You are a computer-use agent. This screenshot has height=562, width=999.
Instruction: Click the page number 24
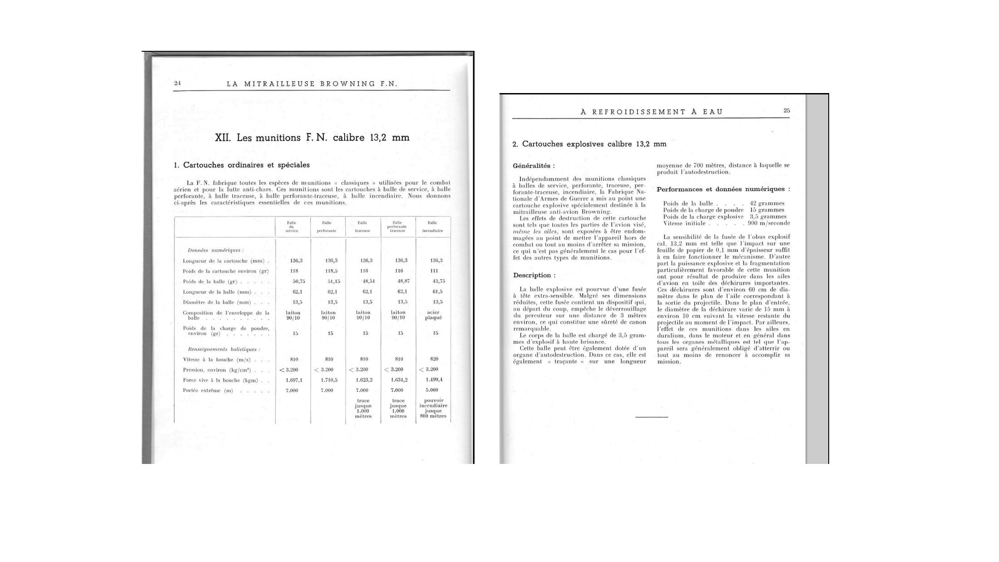tap(178, 83)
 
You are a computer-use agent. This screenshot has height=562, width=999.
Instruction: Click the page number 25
tap(786, 110)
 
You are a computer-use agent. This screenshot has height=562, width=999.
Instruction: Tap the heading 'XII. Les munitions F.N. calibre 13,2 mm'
tap(312, 138)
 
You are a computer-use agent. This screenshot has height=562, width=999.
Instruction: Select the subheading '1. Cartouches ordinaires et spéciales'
tap(242, 165)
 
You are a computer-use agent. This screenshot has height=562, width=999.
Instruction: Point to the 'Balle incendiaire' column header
tap(432, 227)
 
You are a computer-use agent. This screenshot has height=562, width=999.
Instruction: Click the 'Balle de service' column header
tap(292, 227)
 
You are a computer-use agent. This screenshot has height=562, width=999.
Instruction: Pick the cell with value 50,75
tap(298, 281)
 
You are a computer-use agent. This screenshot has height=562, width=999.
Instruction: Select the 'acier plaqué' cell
tap(433, 315)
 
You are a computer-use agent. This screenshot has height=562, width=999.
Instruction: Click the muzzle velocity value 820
tap(434, 359)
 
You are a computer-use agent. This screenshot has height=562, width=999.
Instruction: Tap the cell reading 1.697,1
tap(294, 380)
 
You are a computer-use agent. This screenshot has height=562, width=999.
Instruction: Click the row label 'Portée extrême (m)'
tap(208, 390)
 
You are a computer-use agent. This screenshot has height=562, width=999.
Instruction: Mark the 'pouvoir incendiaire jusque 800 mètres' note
tap(433, 409)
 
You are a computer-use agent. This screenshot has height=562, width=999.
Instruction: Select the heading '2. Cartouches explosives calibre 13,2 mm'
tap(589, 144)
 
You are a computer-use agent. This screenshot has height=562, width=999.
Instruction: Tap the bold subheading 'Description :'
tap(534, 275)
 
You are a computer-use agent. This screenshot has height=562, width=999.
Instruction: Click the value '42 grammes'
tap(767, 203)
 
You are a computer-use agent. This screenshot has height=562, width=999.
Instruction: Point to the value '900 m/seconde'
tap(769, 223)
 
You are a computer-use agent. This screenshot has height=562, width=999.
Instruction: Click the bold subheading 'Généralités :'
tap(534, 166)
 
